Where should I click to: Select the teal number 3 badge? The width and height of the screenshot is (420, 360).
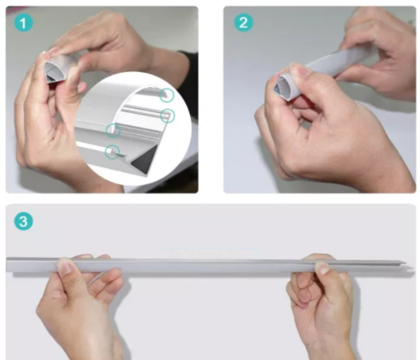point(22,221)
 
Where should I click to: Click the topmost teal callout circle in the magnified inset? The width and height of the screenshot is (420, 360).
point(166,95)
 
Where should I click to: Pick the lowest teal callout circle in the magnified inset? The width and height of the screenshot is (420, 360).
point(113,151)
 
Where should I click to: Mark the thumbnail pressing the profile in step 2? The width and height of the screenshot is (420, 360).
point(300,71)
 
